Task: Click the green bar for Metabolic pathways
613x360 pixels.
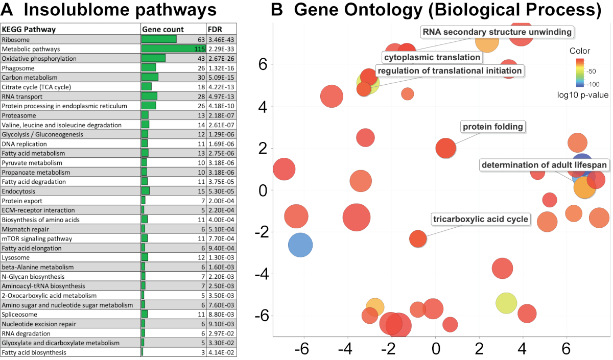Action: click(173, 49)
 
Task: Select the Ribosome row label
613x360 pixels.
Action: click(16, 39)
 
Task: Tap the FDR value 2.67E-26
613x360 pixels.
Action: click(221, 59)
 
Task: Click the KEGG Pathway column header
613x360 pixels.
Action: click(29, 30)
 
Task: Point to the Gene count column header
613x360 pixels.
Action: click(162, 30)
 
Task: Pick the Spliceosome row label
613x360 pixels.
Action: click(19, 315)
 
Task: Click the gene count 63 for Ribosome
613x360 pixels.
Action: click(201, 39)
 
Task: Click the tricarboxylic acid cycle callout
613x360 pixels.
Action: click(480, 220)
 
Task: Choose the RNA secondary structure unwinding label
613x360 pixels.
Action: click(497, 32)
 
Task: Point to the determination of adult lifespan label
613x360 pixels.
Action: click(544, 165)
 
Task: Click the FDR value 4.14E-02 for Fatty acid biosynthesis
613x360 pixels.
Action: click(221, 352)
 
